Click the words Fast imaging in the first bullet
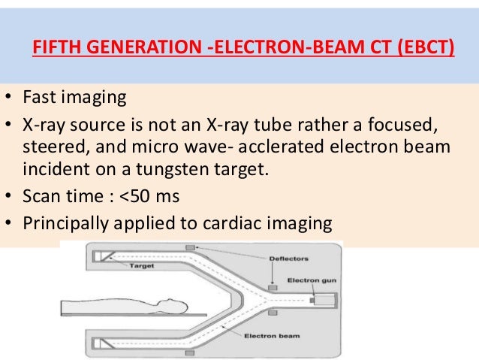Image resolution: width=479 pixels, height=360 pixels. (x=65, y=98)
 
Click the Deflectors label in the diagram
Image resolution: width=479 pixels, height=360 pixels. (x=288, y=258)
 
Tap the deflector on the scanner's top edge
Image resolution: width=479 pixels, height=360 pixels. (x=190, y=248)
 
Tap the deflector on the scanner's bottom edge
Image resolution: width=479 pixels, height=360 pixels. (x=190, y=352)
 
